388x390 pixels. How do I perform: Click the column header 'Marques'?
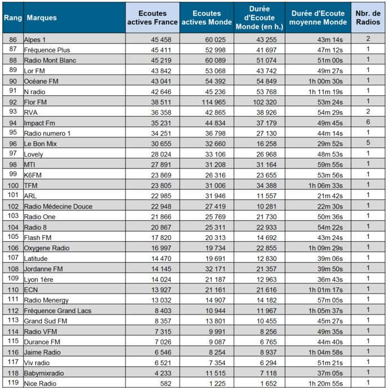click(42, 18)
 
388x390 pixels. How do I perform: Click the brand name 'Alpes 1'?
click(35, 39)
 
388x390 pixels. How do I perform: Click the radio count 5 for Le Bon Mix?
click(368, 144)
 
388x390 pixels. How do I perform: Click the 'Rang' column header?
click(12, 18)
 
